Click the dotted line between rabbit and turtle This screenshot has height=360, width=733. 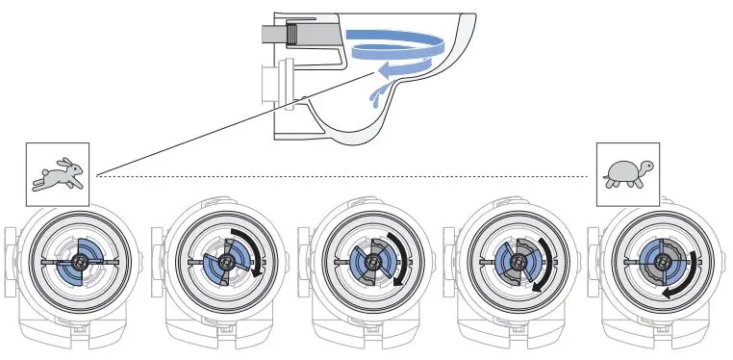pyautogui.click(x=337, y=176)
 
